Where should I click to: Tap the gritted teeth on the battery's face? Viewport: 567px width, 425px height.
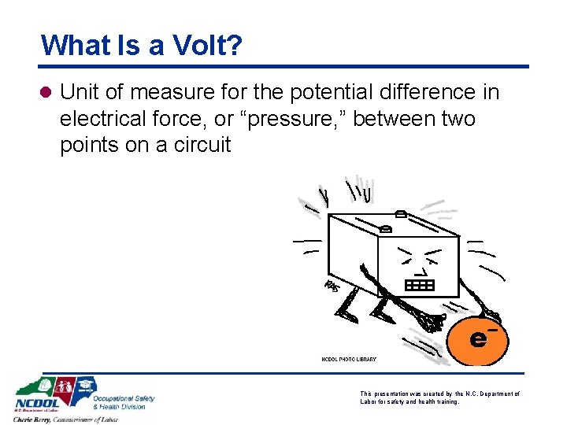pos(419,284)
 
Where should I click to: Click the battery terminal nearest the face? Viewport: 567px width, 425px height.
pos(386,228)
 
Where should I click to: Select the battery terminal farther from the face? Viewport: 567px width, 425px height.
pos(400,213)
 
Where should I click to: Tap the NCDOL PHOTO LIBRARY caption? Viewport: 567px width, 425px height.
pos(349,360)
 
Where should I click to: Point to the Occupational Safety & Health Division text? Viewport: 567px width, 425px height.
pos(124,402)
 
